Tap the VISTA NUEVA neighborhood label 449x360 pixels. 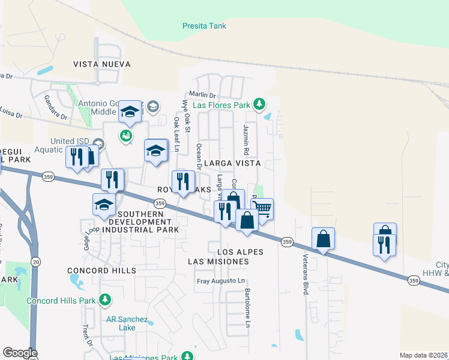click(x=103, y=64)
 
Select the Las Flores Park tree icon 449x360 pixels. click(x=259, y=104)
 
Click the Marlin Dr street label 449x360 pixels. click(x=202, y=95)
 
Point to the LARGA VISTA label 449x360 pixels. click(x=232, y=163)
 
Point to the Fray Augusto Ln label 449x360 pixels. click(x=221, y=281)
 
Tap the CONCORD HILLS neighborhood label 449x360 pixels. click(x=102, y=271)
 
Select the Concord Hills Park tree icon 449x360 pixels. click(x=105, y=299)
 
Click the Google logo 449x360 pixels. click(x=20, y=353)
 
